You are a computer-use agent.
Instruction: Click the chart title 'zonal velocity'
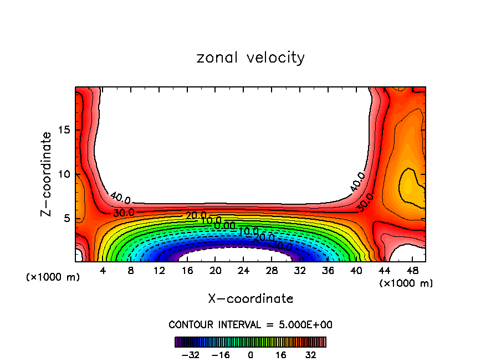[250, 58]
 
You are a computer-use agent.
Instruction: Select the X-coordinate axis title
[250, 299]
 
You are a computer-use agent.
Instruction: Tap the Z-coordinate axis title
[48, 174]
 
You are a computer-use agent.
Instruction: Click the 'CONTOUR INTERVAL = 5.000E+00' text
[250, 324]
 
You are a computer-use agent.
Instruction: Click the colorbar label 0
[250, 355]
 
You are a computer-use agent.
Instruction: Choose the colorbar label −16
[220, 355]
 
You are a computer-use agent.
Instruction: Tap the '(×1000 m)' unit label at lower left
[53, 277]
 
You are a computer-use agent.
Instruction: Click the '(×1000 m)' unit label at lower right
[406, 283]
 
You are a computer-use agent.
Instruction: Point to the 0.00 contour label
[224, 226]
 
